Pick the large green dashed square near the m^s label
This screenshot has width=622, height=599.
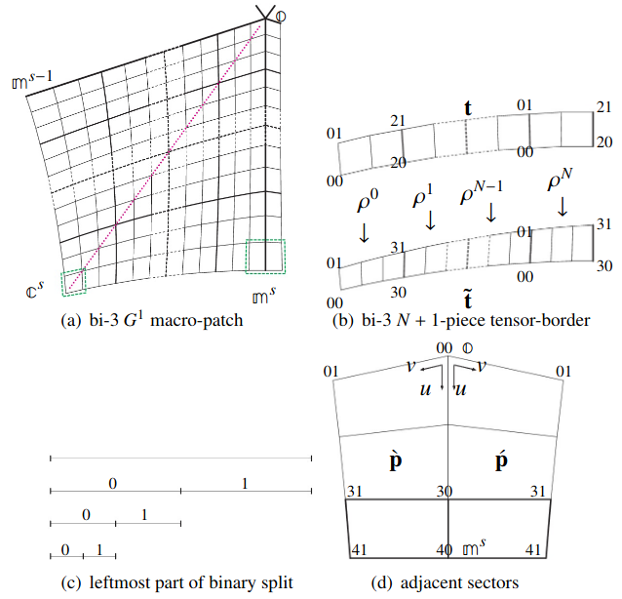point(265,256)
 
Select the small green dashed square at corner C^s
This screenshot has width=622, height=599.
point(73,282)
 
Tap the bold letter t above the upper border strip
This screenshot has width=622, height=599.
point(468,109)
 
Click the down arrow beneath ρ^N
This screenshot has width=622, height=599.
point(563,207)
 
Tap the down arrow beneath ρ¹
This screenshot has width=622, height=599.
point(430,222)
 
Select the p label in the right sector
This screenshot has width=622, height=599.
point(499,459)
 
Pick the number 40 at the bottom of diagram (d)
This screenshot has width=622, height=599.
point(444,551)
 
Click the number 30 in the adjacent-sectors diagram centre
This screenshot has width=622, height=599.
point(443,493)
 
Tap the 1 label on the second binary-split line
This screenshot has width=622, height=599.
point(245,483)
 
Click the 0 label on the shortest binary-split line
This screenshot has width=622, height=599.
point(65,549)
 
